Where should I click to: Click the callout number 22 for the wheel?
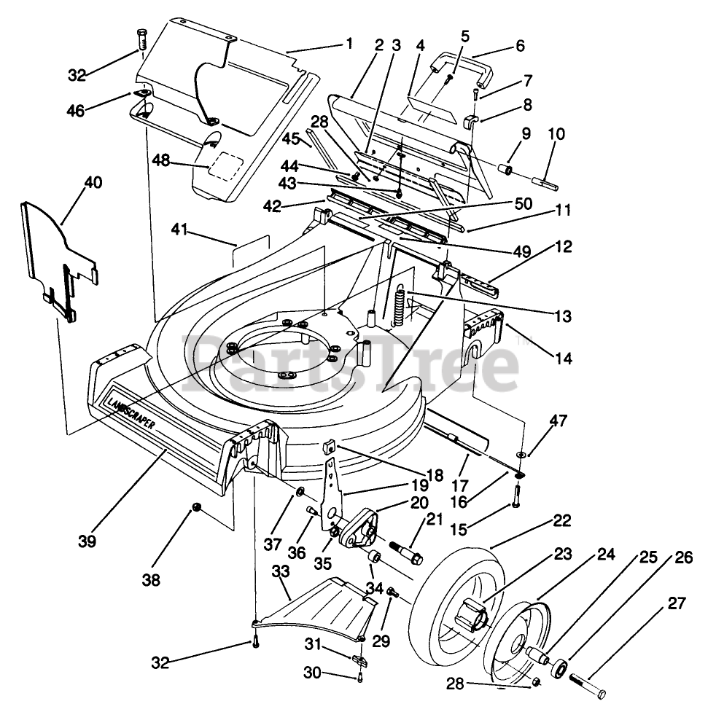coord(562,521)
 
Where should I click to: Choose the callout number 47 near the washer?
coord(559,420)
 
